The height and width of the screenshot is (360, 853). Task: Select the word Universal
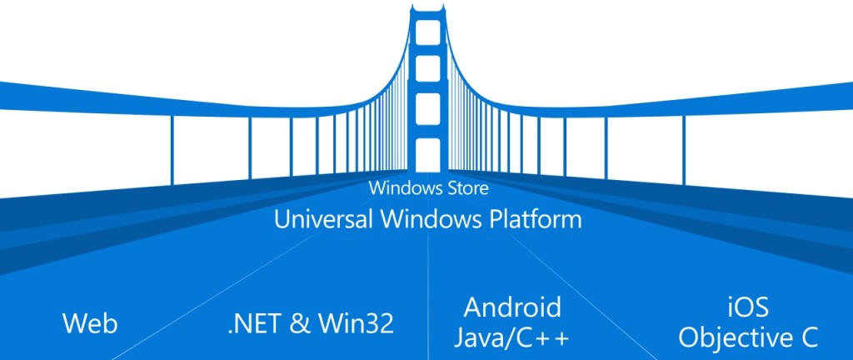[319, 220]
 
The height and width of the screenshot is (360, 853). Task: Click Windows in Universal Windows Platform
[428, 220]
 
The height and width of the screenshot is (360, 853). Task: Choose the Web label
[90, 322]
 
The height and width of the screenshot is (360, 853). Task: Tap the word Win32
[358, 322]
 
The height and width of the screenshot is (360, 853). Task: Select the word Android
[512, 307]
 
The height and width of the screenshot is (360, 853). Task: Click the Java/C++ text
[513, 337]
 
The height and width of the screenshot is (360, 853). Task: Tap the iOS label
[747, 307]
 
